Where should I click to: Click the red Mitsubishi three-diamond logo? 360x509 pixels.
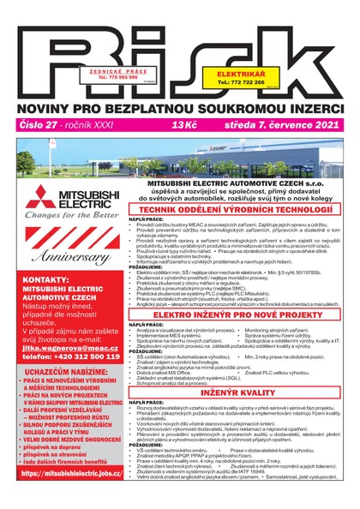click(x=43, y=199)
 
